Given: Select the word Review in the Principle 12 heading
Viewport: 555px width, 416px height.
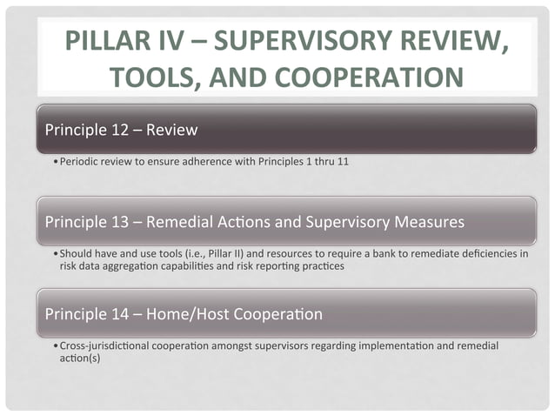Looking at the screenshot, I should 172,131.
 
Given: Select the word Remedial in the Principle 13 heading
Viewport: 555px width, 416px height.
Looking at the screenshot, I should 185,222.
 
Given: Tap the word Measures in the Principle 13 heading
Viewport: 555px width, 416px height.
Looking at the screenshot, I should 430,222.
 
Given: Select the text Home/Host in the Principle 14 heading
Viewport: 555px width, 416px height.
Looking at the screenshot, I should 191,314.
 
